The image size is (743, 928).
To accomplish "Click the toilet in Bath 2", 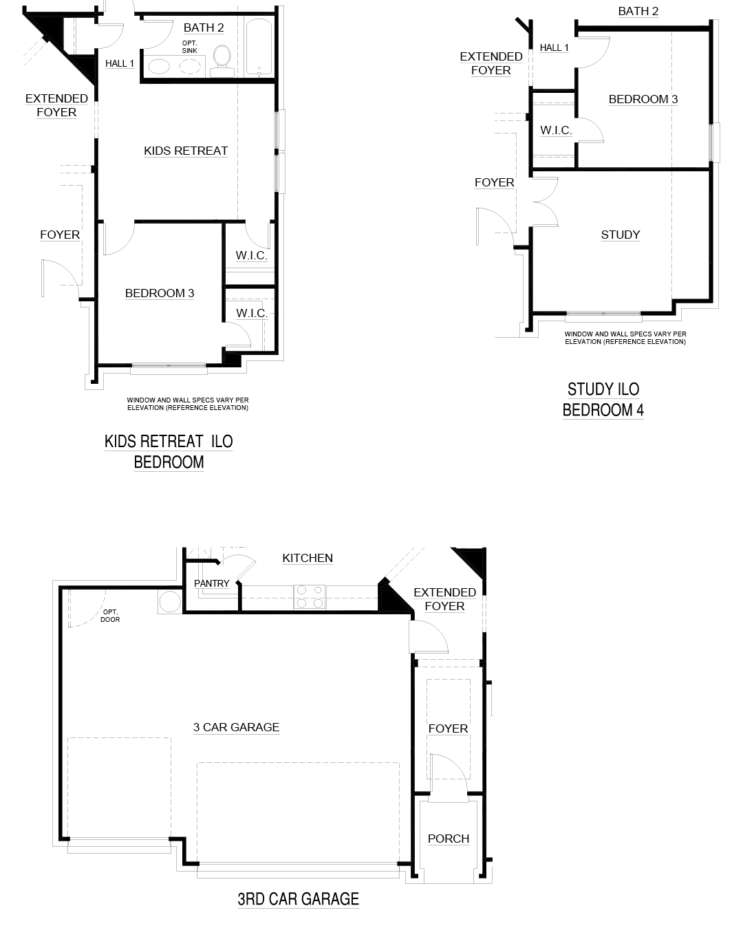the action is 222,61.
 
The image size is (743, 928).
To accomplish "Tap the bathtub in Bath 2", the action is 259,47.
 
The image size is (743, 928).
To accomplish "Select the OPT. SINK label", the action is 190,47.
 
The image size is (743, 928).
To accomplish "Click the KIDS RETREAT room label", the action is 186,151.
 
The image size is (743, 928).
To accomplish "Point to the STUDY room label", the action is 621,235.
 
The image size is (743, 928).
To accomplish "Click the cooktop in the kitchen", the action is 310,597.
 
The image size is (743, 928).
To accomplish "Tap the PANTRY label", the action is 212,583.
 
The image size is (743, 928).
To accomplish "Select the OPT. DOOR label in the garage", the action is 110,616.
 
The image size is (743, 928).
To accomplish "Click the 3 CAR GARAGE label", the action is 236,728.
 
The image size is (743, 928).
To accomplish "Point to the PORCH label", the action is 449,839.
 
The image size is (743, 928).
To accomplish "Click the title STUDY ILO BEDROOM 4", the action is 603,400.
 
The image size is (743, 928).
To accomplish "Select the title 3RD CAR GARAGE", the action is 299,899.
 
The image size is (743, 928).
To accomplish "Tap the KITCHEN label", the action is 308,558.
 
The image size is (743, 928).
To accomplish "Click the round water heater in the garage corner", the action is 170,601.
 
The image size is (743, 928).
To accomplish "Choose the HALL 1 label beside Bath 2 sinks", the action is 120,63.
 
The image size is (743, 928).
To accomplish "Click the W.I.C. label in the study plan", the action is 556,130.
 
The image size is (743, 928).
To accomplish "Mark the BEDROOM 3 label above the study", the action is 643,99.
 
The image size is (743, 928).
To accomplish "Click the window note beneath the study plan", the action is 625,338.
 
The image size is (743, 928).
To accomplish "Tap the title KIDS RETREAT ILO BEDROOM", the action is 169,452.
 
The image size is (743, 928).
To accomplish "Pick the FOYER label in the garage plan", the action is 448,729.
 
